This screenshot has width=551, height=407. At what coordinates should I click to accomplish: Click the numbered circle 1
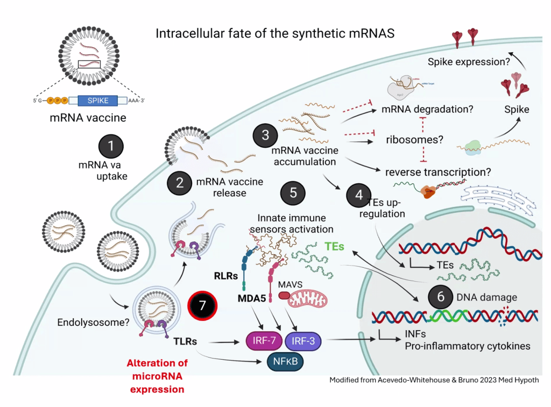click(111, 146)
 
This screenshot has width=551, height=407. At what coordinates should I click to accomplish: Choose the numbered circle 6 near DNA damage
click(441, 297)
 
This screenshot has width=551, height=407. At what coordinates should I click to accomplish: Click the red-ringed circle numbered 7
click(202, 306)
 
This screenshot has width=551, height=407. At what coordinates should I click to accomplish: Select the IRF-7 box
click(263, 340)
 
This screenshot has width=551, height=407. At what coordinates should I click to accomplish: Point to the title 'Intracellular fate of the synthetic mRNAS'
click(275, 33)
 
